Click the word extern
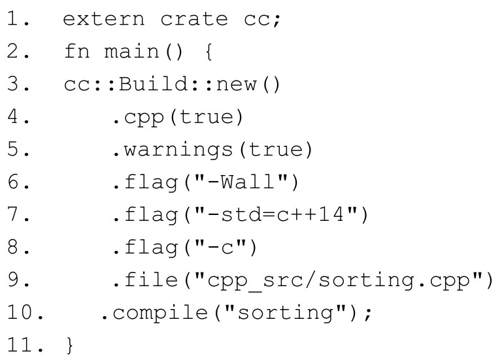[x=104, y=19]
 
